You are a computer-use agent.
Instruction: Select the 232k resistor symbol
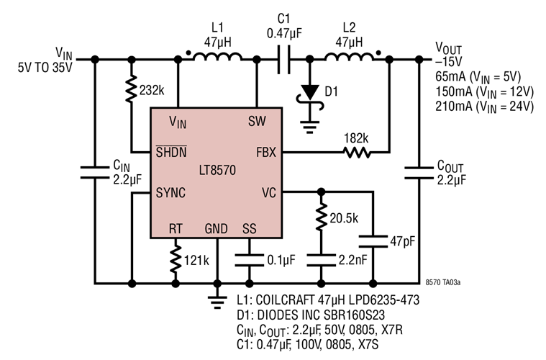131,90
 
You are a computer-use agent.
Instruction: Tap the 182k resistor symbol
356,153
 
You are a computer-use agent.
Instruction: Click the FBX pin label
264,153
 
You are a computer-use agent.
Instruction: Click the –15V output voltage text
450,62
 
